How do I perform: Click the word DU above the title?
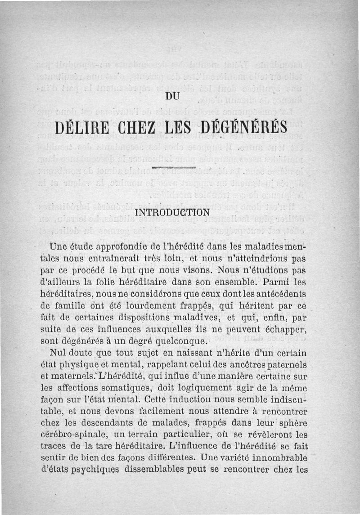(x=173, y=95)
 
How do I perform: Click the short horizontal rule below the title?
(x=173, y=167)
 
